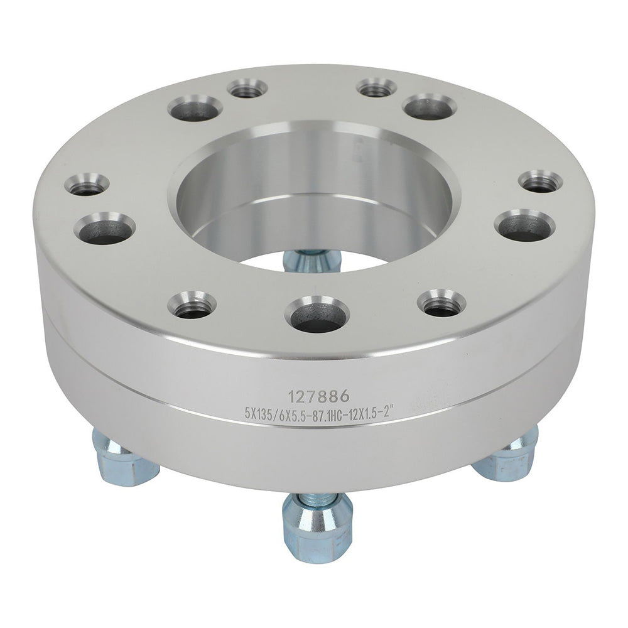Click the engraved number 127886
click(x=319, y=396)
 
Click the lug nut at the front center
click(x=318, y=523)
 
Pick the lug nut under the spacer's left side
click(x=124, y=457)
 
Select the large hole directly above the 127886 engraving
click(x=317, y=314)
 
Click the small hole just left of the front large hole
click(x=192, y=305)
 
